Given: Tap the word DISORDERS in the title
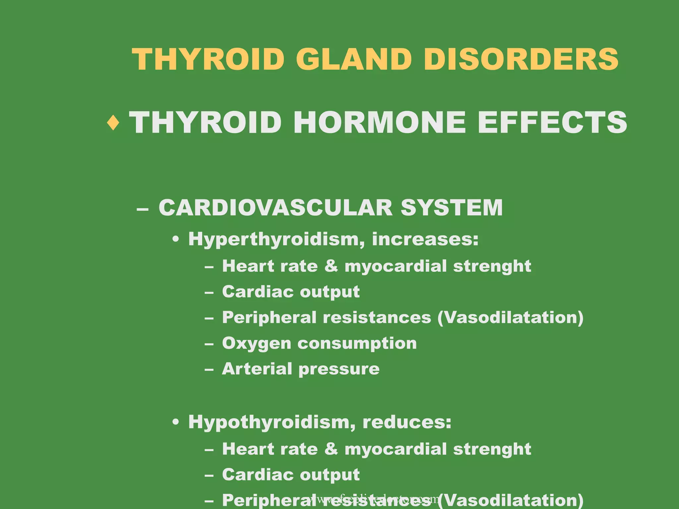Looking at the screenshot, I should tap(521, 59).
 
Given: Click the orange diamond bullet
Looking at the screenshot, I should tap(113, 123).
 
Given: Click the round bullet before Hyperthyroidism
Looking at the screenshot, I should tap(176, 240).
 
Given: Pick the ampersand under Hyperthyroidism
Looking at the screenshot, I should tap(331, 266).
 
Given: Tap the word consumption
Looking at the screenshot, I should tap(357, 344).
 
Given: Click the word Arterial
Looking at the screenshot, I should tap(257, 368).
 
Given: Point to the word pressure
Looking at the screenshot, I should tap(339, 369).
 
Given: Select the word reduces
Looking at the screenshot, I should tap(407, 422).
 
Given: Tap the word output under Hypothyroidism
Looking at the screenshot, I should tap(330, 475).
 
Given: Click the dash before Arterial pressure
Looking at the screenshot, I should tap(209, 369).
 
